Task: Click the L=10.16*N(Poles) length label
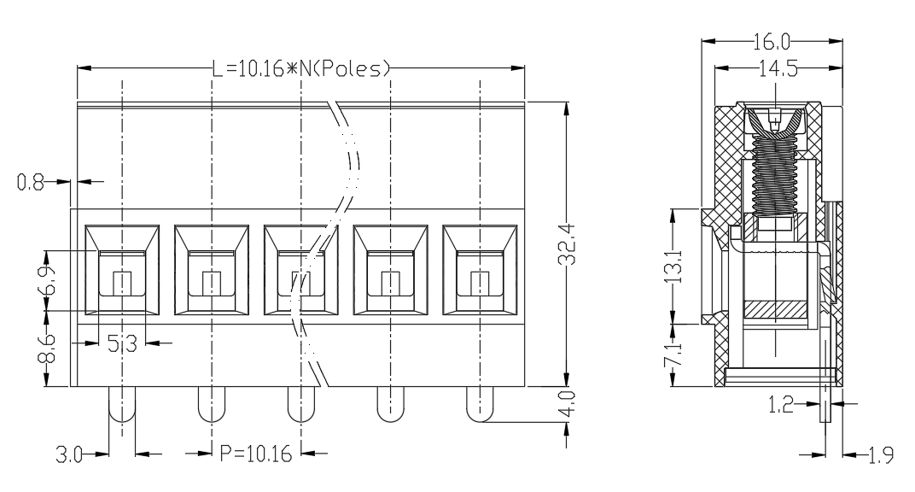click(300, 69)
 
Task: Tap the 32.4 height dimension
click(567, 244)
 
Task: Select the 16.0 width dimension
click(772, 42)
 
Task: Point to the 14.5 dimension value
click(778, 69)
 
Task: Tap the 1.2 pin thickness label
click(781, 404)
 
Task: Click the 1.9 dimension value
click(881, 455)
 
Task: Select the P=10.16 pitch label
click(255, 454)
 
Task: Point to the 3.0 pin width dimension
click(69, 454)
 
